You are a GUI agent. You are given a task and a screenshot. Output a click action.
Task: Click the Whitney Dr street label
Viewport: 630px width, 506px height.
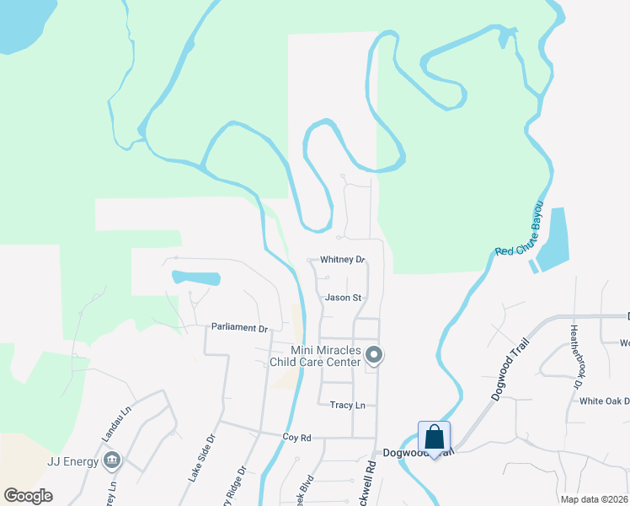342,260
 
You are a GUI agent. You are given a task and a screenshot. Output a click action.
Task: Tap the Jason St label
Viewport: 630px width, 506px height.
343,298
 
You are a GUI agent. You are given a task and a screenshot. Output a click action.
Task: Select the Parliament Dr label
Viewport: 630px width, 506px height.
239,327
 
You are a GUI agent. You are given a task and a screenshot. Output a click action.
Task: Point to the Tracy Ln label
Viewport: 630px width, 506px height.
347,405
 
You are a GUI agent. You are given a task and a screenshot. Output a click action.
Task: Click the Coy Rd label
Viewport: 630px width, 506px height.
297,438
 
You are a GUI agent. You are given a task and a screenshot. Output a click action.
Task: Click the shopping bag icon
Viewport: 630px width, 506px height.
434,438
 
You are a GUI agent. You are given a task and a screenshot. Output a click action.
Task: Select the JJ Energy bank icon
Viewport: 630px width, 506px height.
111,460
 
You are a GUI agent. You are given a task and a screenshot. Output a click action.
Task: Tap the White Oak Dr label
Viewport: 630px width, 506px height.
604,401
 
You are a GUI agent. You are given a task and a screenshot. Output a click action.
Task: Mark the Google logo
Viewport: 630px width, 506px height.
28,496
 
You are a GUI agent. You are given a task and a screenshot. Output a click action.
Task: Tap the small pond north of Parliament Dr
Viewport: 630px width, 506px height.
196,277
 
